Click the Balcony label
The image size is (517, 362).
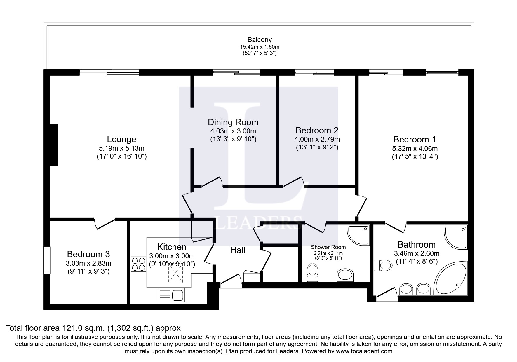(x=260, y=40)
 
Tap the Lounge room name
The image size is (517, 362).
(x=121, y=139)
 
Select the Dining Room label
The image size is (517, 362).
(x=233, y=122)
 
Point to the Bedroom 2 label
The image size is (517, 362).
(x=317, y=130)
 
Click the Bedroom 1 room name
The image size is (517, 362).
(x=415, y=139)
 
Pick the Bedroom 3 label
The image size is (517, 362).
(x=88, y=254)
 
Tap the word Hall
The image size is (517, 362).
(x=238, y=250)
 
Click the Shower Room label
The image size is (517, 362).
(x=328, y=247)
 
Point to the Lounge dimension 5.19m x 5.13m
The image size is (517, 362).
(x=121, y=148)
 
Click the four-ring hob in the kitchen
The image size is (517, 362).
(x=139, y=264)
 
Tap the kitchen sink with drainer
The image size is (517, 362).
(x=171, y=295)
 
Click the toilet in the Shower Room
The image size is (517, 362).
(x=313, y=273)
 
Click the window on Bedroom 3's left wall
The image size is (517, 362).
(x=47, y=260)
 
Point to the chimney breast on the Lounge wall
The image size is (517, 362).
(x=54, y=145)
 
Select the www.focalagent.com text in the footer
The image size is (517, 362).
(x=364, y=351)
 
